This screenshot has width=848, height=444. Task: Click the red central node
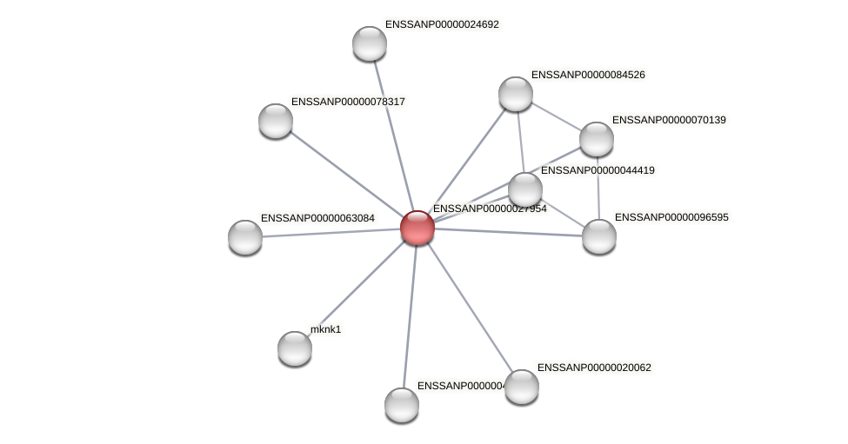417,228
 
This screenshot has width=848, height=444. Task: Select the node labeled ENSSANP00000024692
370,43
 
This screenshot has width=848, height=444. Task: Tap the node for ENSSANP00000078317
276,121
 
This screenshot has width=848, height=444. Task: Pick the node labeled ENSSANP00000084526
516,94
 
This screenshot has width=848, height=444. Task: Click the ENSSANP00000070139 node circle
597,139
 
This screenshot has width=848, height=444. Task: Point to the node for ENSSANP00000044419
525,189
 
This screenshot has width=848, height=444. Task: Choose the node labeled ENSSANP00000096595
599,236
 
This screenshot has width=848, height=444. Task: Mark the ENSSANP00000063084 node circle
245,237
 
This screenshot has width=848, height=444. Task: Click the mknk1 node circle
295,348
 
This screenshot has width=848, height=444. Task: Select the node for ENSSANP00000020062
522,387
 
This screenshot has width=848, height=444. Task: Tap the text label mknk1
326,329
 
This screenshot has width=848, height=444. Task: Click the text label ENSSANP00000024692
442,24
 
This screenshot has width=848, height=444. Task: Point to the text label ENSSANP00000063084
318,217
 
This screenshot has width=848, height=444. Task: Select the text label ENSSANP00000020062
594,368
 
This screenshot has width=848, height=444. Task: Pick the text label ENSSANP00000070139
669,120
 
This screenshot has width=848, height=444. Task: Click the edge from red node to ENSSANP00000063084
331,233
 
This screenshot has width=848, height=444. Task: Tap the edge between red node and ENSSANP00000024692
393,135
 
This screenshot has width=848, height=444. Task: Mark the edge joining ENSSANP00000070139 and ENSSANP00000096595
598,188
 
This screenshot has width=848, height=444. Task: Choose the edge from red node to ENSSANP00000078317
346,174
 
